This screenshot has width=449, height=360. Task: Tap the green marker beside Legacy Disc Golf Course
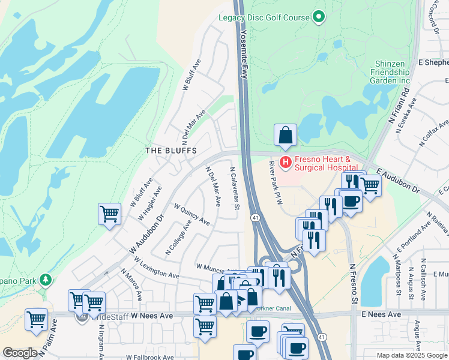click(x=319, y=17)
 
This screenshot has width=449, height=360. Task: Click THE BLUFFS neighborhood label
click(x=171, y=151)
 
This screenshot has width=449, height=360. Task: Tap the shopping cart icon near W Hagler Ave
click(x=110, y=213)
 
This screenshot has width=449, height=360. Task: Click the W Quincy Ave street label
click(x=192, y=214)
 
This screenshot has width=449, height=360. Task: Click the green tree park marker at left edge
click(x=45, y=280)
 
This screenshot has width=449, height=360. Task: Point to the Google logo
click(x=20, y=353)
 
